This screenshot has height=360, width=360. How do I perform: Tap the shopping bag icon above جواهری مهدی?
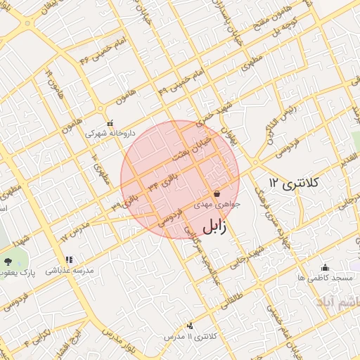click(x=217, y=193)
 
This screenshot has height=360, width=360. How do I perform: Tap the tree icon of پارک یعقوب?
click(x=8, y=261)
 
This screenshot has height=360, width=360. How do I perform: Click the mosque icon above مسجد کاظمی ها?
click(x=325, y=267)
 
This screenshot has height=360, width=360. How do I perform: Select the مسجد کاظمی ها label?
click(x=325, y=278)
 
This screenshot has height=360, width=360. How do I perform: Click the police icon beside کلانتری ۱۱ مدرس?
click(x=191, y=326)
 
